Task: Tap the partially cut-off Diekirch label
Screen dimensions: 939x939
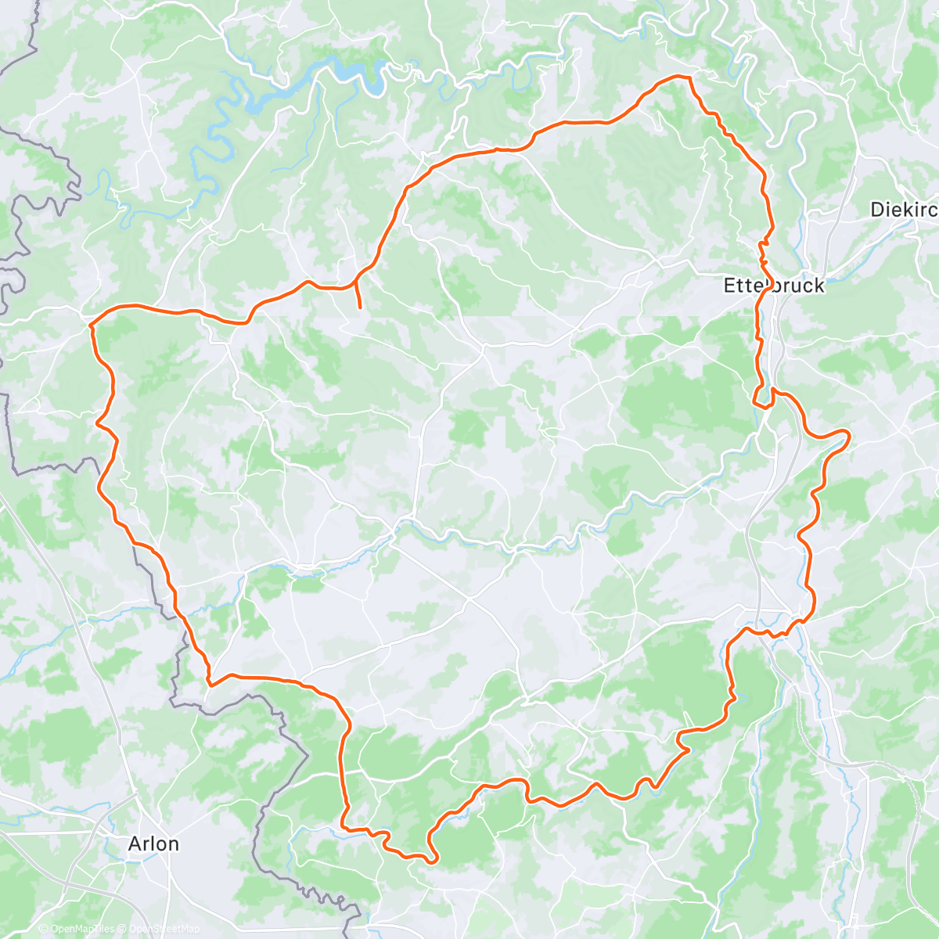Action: click(x=904, y=210)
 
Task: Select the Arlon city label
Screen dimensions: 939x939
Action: click(x=153, y=844)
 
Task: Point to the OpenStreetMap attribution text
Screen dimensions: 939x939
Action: click(x=160, y=930)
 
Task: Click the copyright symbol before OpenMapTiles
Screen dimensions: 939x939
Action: click(x=43, y=930)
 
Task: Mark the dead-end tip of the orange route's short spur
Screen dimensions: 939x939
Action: click(x=359, y=308)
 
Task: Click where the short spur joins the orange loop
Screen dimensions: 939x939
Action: click(x=356, y=279)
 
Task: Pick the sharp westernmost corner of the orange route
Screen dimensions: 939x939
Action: click(x=91, y=323)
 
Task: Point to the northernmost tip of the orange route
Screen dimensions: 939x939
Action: click(x=679, y=77)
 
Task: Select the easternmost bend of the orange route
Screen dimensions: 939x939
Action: click(x=848, y=433)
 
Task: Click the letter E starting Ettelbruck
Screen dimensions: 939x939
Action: click(x=729, y=286)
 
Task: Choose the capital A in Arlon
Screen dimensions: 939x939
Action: click(x=135, y=844)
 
